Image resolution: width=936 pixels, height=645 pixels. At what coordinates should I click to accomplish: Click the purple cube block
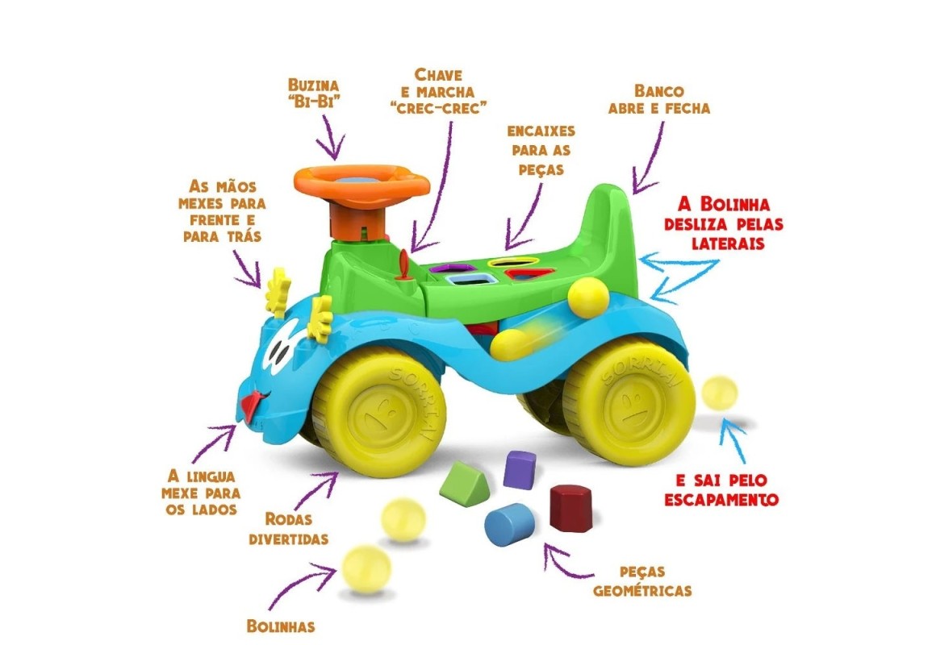(519, 469)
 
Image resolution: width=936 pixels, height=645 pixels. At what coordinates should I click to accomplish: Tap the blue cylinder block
(510, 524)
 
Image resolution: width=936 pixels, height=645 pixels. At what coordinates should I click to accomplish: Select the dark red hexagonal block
(571, 507)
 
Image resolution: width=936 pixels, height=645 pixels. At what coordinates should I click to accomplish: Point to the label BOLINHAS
(280, 626)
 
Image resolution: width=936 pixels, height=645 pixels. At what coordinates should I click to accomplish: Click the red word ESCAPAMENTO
(721, 500)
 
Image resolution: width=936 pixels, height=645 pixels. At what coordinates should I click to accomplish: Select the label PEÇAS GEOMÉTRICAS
(642, 580)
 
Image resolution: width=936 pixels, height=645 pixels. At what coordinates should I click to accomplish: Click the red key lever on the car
(404, 266)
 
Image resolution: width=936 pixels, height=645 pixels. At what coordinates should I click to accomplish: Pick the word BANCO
(659, 89)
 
